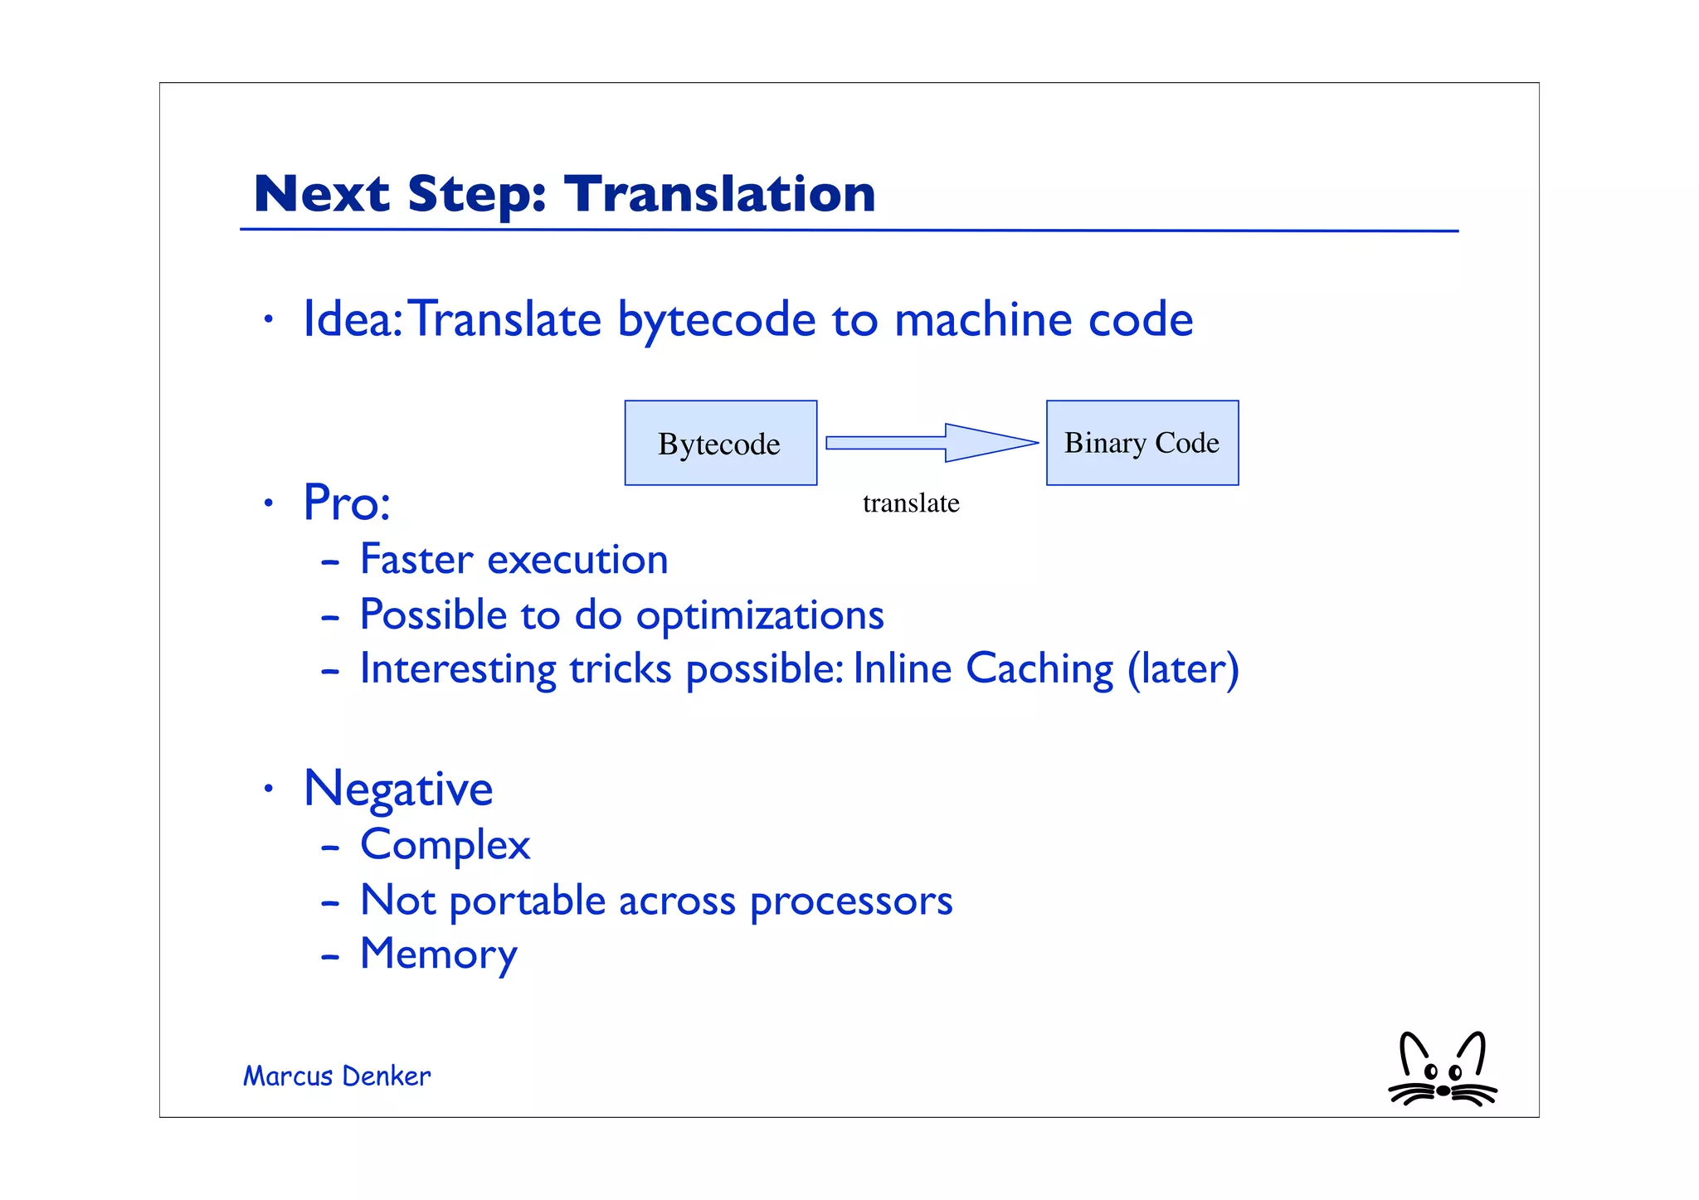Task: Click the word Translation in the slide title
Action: (719, 194)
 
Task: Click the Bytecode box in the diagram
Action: (720, 443)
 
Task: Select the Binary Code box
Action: (1142, 443)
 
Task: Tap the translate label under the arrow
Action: (911, 503)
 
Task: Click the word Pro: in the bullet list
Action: (347, 503)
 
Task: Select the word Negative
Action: (398, 789)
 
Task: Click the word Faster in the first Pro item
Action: (416, 559)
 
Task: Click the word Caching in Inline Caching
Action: (1039, 669)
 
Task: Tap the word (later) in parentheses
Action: (1183, 669)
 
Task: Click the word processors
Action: (851, 901)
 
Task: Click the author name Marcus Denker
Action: (337, 1076)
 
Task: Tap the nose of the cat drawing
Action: (1443, 1091)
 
